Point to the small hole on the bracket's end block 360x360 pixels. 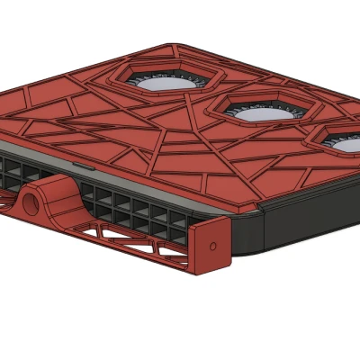[213, 245]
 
